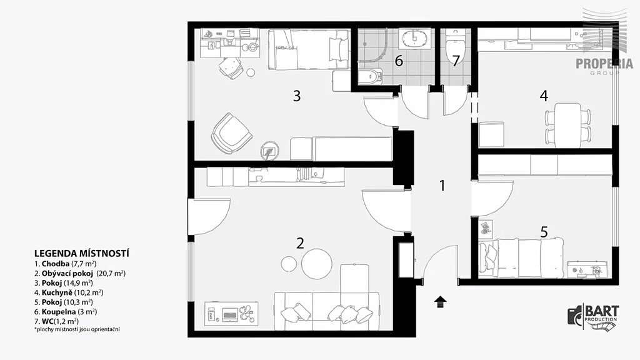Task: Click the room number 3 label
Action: pos(297,96)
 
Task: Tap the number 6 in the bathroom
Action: pos(399,61)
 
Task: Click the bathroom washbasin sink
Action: pos(415,39)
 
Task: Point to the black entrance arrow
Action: pos(440,302)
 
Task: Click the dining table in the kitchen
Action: pos(567,125)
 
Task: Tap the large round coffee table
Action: pos(317,264)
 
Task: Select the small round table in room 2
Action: pos(289,264)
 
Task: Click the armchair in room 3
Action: pos(231,133)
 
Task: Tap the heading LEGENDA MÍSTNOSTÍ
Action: pos(82,254)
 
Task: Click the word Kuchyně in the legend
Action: pos(57,292)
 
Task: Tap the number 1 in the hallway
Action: pos(442,186)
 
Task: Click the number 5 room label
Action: pos(544,232)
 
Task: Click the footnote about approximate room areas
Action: pos(77,329)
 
